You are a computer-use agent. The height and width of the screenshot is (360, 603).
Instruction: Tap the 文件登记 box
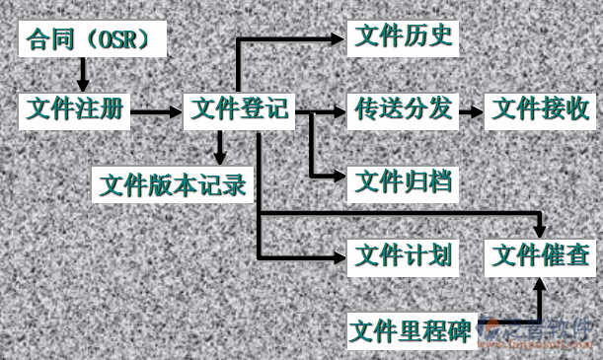(x=240, y=108)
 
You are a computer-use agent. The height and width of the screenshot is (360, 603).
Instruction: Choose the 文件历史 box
(x=404, y=37)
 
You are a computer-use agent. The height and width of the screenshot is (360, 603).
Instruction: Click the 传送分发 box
(x=404, y=108)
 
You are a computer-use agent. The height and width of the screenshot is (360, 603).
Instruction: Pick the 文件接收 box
(x=541, y=108)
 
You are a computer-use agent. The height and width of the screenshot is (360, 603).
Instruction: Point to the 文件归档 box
(x=404, y=180)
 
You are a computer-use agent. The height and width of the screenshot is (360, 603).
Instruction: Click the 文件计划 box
(x=404, y=255)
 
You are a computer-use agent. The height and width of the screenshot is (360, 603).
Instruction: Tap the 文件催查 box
(x=541, y=255)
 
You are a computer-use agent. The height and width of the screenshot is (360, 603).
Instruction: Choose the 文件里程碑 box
(x=412, y=328)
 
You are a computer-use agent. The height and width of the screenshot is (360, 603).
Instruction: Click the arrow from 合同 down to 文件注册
(x=82, y=74)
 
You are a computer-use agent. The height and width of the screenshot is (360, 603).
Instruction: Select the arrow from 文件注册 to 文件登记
(x=156, y=110)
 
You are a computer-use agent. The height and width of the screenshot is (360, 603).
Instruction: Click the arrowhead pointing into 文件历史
(x=339, y=38)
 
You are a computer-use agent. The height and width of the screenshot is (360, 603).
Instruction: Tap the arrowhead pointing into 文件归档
(x=339, y=178)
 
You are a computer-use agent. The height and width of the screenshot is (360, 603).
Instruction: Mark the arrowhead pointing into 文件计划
(x=339, y=255)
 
